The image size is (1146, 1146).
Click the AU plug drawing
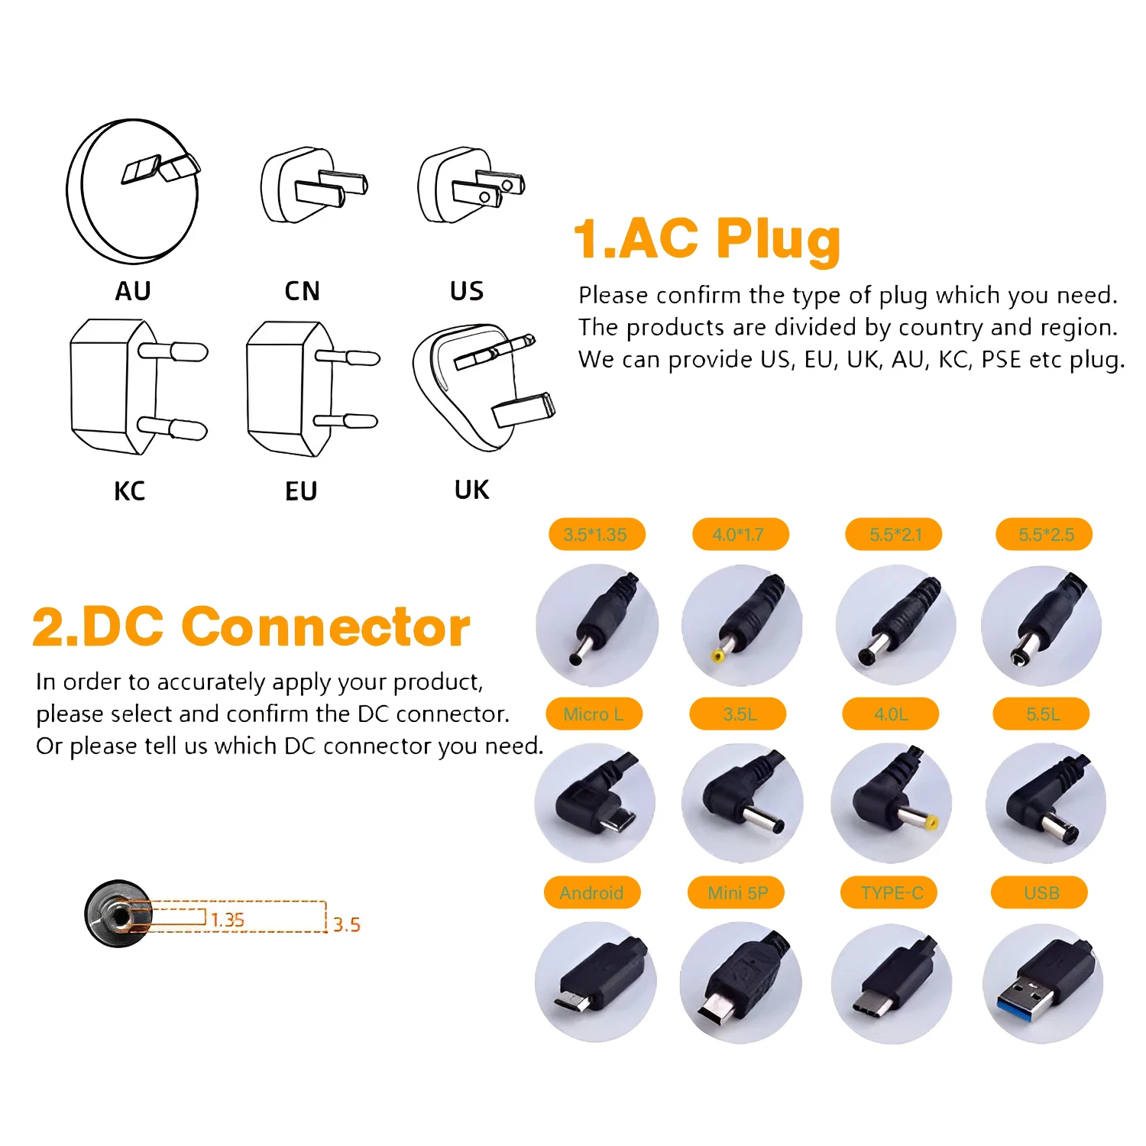tap(134, 191)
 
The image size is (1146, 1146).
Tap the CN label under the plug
tap(302, 291)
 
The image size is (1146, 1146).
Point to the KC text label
tap(129, 491)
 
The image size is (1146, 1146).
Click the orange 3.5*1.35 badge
tap(596, 535)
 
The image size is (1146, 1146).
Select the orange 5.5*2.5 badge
tap(1044, 535)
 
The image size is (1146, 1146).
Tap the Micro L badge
tap(594, 714)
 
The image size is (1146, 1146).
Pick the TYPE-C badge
tap(890, 892)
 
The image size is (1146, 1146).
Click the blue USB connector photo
tap(1043, 983)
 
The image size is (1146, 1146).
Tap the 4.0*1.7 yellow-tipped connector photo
tap(742, 625)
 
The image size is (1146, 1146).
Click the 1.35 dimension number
tap(228, 920)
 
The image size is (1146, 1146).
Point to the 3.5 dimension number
tap(346, 924)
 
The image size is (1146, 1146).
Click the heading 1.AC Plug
tap(706, 238)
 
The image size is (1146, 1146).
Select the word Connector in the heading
tap(325, 627)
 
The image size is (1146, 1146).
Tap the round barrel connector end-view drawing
tap(118, 914)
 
